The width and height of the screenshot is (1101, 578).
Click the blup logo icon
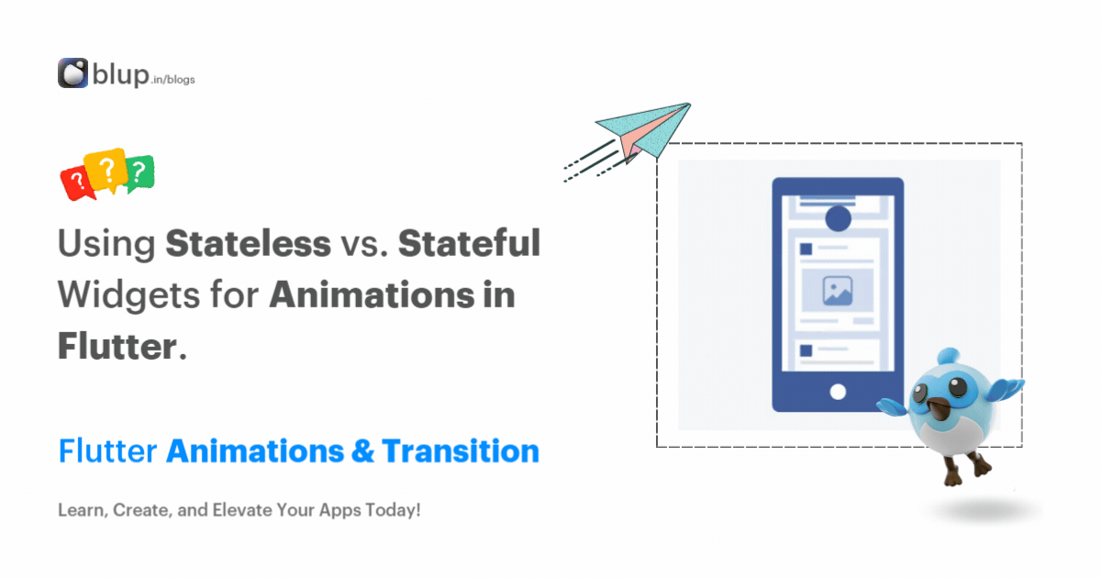[72, 73]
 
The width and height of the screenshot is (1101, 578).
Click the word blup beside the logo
[119, 74]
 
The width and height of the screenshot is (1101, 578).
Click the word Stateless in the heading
[248, 244]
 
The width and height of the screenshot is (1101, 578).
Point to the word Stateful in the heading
[469, 244]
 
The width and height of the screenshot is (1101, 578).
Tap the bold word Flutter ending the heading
[117, 347]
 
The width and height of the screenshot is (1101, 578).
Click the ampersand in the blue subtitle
[360, 451]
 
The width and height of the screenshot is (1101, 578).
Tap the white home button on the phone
[837, 392]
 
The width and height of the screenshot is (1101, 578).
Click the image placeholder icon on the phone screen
[837, 290]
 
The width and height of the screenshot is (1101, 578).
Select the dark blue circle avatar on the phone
[837, 218]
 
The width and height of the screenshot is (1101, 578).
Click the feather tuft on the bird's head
[947, 356]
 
